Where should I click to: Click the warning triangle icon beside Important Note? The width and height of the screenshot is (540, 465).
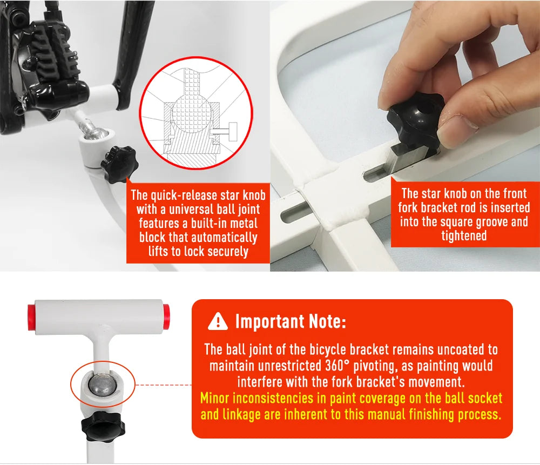(x=218, y=322)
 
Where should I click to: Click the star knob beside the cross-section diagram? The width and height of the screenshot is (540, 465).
(x=119, y=164)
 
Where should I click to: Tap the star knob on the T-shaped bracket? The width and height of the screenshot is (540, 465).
(x=103, y=427)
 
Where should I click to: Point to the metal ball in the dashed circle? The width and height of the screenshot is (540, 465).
(x=102, y=385)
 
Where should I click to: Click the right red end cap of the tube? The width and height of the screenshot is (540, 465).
(x=166, y=315)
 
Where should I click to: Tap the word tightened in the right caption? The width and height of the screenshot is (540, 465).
(x=464, y=236)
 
